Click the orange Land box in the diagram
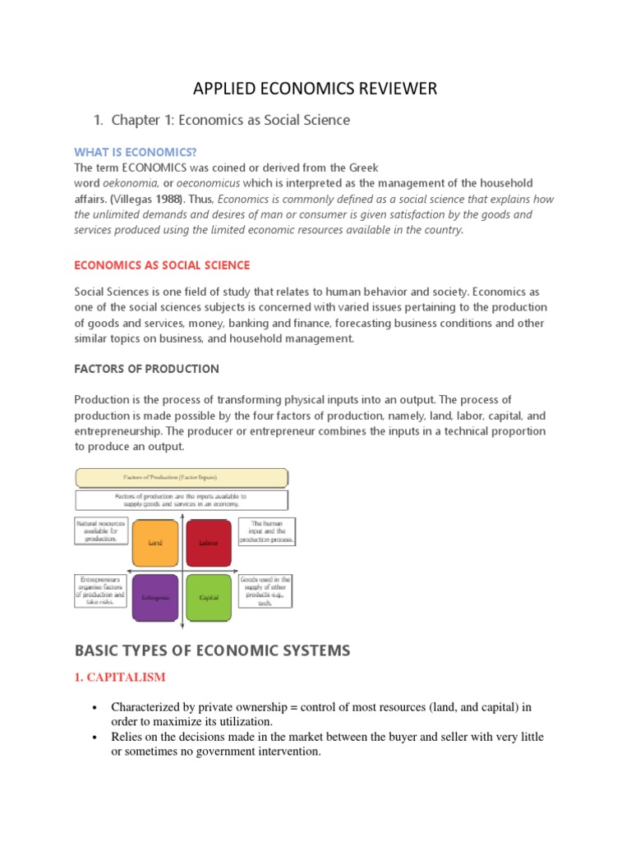point(154,543)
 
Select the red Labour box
point(208,543)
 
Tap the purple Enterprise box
point(154,597)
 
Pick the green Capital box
point(208,597)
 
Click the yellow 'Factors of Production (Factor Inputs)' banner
point(182,477)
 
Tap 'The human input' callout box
point(266,531)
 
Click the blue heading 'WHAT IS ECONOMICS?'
point(136,152)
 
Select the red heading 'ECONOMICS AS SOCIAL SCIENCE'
point(162,265)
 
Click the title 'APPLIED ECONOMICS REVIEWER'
point(315,89)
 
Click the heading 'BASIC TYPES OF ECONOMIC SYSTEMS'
point(212,650)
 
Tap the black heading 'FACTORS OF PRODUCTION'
point(146,369)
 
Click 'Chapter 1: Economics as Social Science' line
point(230,120)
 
